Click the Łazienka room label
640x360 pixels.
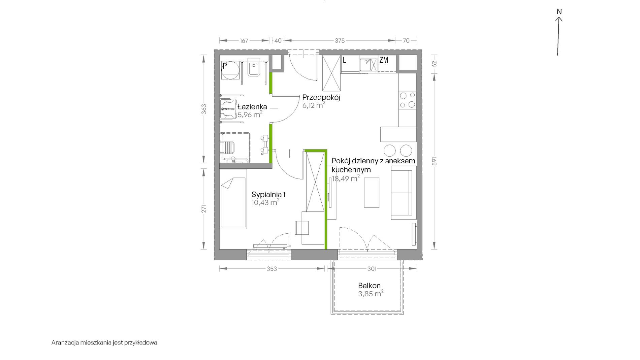click(x=252, y=107)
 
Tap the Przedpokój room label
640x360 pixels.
click(x=321, y=97)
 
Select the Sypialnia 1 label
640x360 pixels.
click(x=269, y=194)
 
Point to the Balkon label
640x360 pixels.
click(x=369, y=286)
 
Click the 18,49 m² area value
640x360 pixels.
click(x=346, y=178)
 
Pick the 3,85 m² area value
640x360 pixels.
click(x=371, y=294)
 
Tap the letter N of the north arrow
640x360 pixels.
click(x=559, y=12)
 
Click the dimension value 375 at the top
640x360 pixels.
click(x=340, y=41)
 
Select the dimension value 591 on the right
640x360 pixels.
click(x=435, y=161)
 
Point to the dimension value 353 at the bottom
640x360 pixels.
click(x=271, y=269)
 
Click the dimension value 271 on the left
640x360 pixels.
click(x=204, y=209)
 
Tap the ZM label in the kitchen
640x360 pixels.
click(x=384, y=60)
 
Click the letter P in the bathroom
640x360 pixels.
click(x=225, y=66)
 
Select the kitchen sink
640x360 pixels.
click(x=368, y=65)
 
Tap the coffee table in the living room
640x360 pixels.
click(x=372, y=193)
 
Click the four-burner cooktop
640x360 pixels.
click(x=407, y=100)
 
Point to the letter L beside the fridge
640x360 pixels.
click(x=344, y=60)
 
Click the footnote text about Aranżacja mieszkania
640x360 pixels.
click(x=104, y=343)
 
